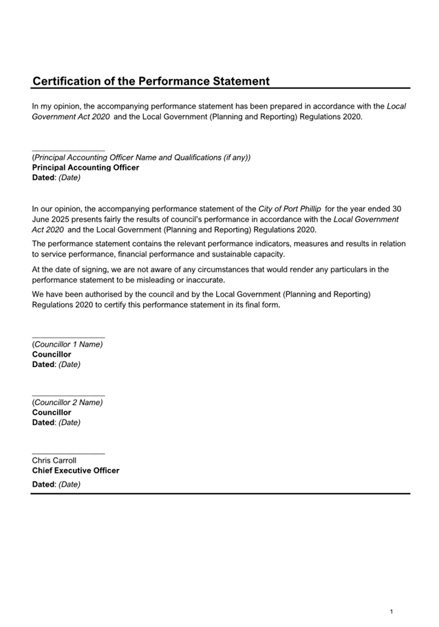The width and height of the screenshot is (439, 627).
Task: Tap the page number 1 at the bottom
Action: tap(392, 611)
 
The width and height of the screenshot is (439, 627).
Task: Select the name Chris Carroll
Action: tap(54, 461)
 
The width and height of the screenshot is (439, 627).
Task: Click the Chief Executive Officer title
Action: tap(76, 471)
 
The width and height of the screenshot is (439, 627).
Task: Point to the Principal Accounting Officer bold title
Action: tap(85, 168)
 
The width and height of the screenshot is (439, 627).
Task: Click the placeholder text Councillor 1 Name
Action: tap(68, 344)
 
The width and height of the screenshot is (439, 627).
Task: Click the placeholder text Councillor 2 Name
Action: tap(68, 403)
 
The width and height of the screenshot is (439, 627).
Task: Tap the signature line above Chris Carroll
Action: tap(68, 454)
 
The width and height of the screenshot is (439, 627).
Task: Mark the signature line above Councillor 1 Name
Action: tap(68, 338)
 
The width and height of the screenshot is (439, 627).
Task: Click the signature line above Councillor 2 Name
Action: tap(68, 396)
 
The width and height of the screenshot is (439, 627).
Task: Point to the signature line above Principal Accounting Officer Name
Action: tap(68, 151)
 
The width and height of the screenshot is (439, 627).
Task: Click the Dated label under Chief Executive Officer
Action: tap(43, 485)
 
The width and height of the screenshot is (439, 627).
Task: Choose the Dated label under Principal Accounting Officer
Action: tap(43, 177)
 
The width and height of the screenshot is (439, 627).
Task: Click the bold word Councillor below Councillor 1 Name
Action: tap(52, 355)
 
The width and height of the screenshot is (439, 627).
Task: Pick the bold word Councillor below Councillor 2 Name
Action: tap(52, 412)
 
